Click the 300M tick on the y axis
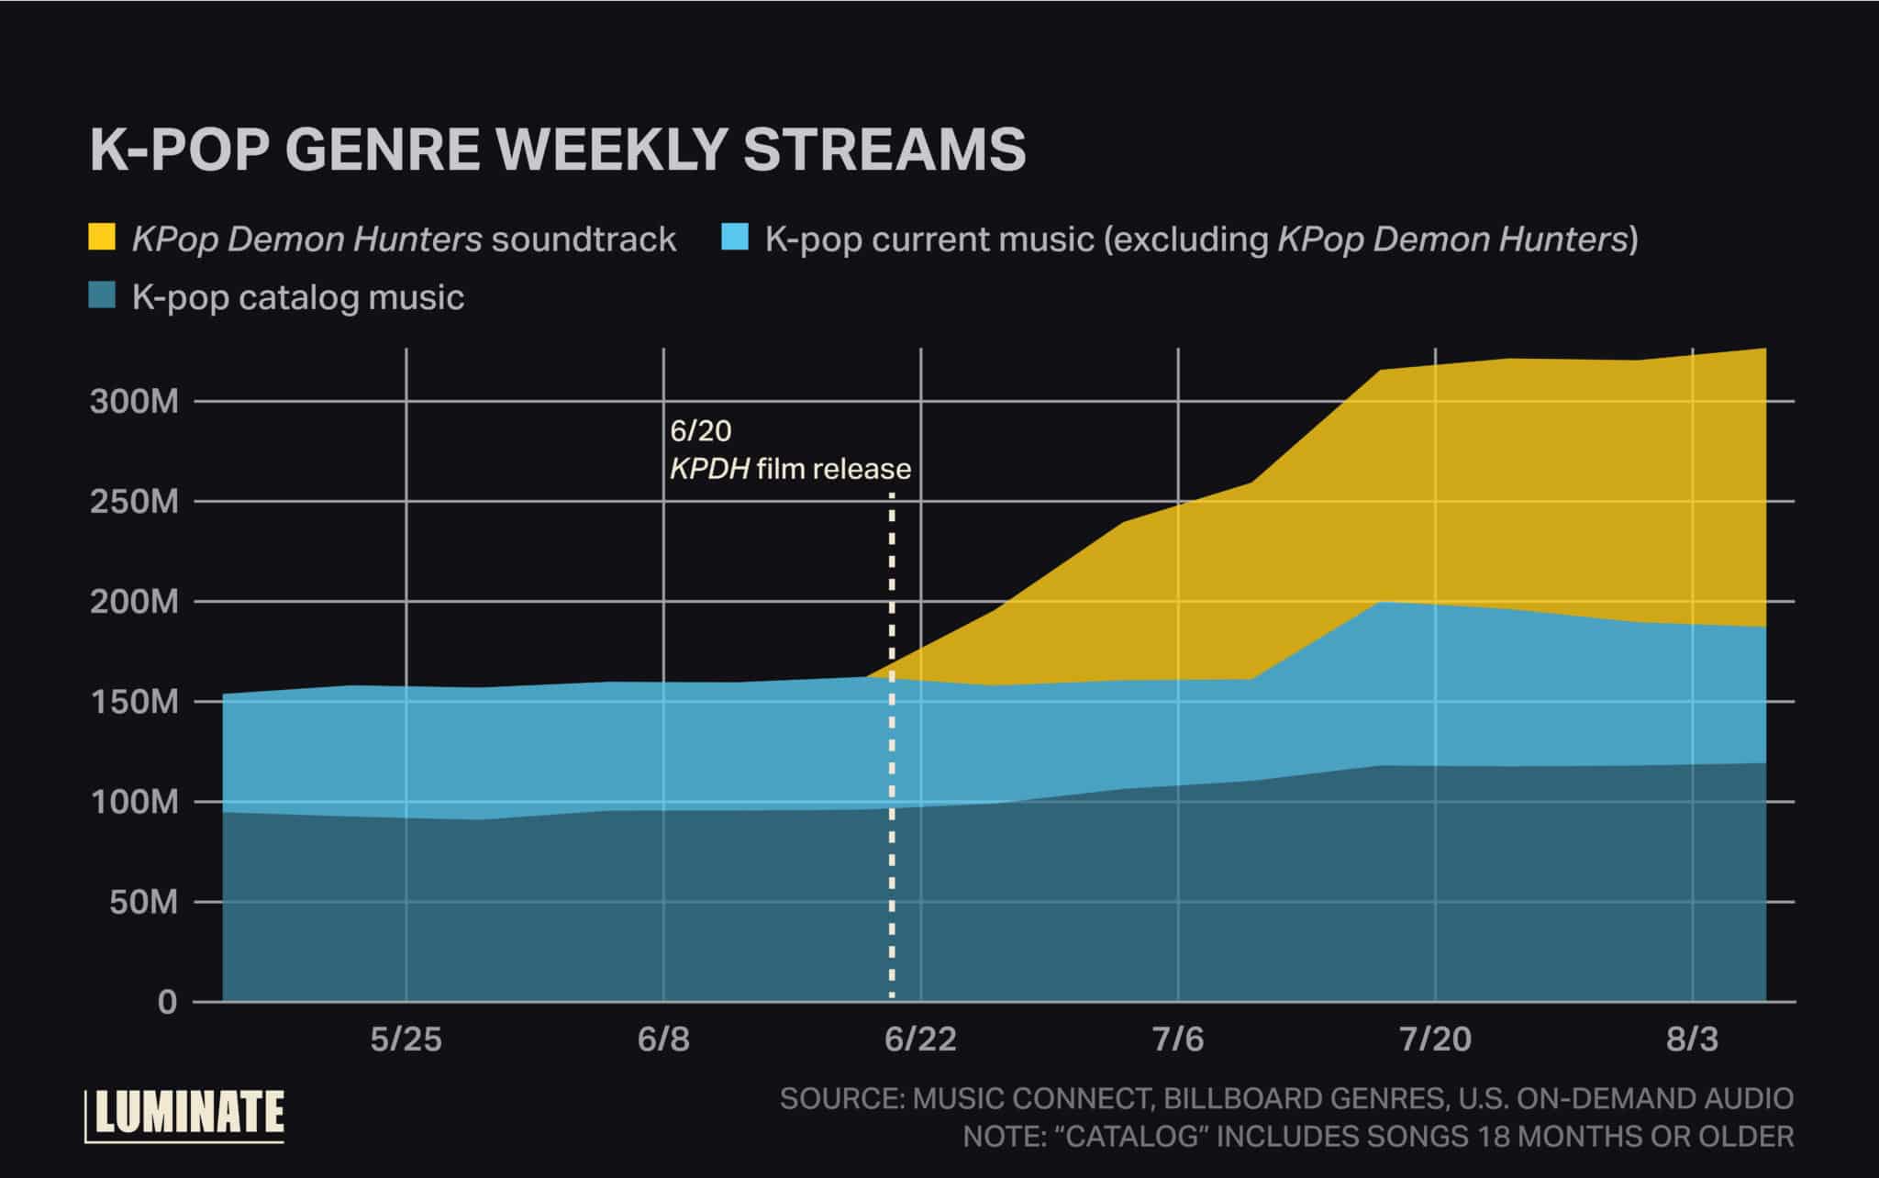click(134, 402)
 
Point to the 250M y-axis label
click(134, 502)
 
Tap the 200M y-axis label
click(134, 602)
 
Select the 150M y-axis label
click(134, 703)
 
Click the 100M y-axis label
click(134, 803)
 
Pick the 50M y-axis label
click(142, 903)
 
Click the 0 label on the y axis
click(167, 1002)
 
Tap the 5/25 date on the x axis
click(406, 1039)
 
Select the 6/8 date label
click(663, 1039)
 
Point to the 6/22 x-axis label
click(920, 1039)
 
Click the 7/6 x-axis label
click(1178, 1039)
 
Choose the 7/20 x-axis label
click(1435, 1039)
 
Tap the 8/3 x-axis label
click(1692, 1039)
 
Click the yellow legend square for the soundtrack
click(102, 237)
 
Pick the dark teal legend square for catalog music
click(102, 295)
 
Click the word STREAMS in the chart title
click(884, 150)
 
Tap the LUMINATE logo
click(185, 1115)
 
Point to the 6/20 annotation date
click(701, 430)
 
